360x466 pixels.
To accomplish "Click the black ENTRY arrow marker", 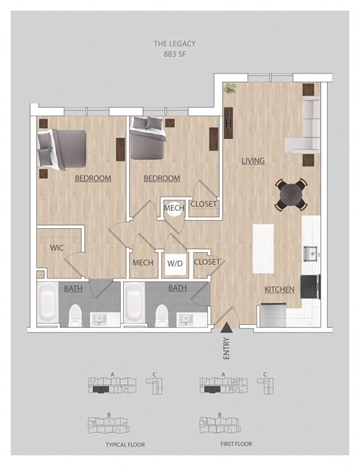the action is (227, 327).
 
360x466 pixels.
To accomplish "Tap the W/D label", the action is (175, 263).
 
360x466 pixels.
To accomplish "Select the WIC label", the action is (56, 248).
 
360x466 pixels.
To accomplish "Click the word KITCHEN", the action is (279, 289).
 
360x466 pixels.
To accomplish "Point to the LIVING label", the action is (253, 161).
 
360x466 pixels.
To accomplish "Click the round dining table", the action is (291, 194).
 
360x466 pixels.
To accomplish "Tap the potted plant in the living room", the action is (230, 89).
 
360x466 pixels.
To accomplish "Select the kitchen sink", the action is (310, 254).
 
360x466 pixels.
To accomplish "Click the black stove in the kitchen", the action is (310, 287).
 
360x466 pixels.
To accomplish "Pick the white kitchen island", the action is (262, 248).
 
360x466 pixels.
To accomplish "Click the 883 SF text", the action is (175, 54).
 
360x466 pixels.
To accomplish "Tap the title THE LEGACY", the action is (175, 44).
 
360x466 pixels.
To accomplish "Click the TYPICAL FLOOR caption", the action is (125, 444).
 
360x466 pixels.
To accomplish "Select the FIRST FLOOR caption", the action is (236, 443).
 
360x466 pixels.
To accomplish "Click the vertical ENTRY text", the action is (226, 348).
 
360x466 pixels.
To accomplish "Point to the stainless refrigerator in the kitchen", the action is (273, 315).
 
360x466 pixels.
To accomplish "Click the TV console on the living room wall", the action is (228, 123).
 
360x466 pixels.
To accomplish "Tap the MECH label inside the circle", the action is (174, 208).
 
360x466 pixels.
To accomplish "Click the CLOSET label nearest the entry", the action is (207, 262).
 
